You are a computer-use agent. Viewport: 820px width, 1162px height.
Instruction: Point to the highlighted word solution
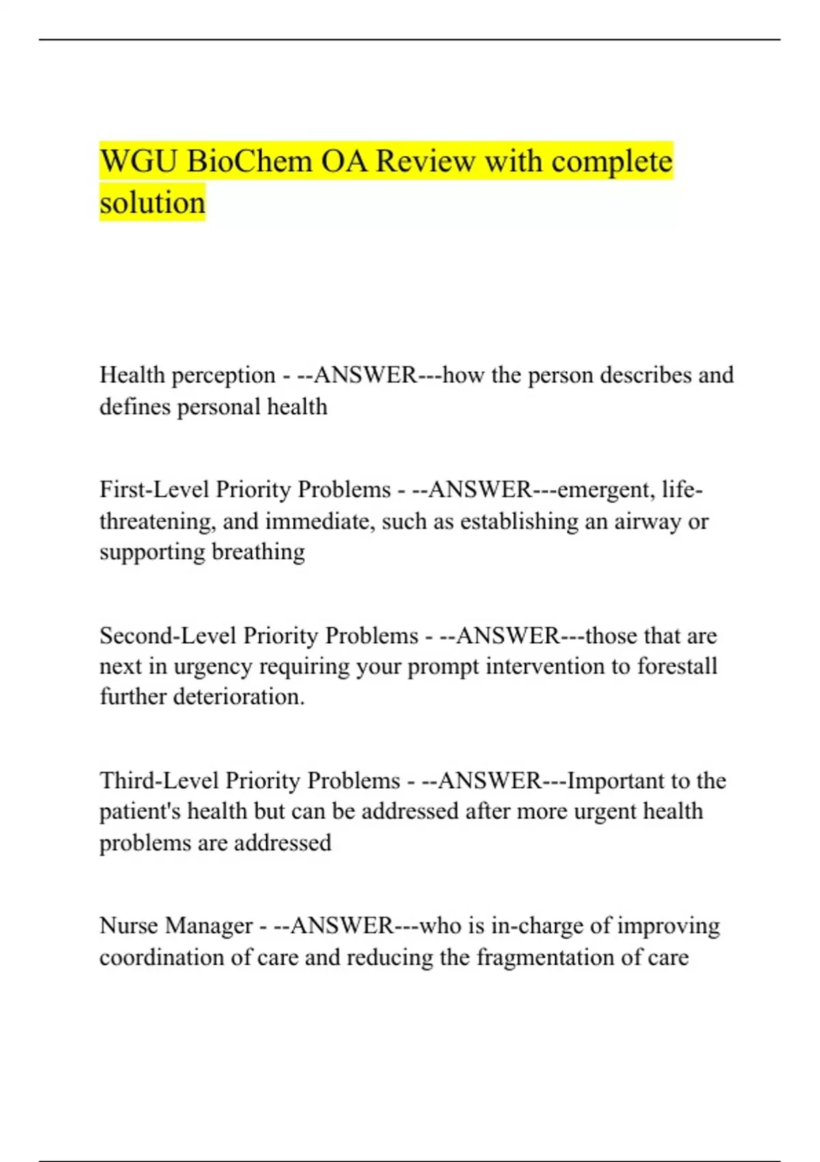[152, 203]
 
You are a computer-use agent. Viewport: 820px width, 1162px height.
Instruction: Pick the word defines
[135, 407]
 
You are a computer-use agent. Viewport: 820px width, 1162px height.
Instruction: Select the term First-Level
[154, 489]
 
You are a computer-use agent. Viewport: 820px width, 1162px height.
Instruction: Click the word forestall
[677, 666]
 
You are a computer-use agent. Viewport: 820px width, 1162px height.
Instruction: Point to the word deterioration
[238, 697]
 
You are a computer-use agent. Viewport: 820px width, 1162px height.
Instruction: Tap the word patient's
[140, 811]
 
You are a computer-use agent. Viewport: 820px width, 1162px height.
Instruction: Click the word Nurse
[128, 925]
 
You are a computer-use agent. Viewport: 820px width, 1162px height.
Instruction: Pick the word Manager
[209, 925]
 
